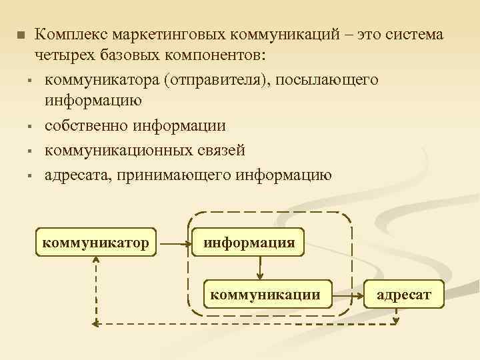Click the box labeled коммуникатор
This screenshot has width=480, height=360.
96,241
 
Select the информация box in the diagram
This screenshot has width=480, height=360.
249,241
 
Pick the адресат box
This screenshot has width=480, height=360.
404,293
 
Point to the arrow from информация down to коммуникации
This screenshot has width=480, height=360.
260,267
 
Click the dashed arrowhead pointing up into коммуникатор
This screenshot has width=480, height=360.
97,261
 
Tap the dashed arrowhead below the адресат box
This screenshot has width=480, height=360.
396,319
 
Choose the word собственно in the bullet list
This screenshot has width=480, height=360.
85,126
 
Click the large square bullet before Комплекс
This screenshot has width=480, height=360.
20,35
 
